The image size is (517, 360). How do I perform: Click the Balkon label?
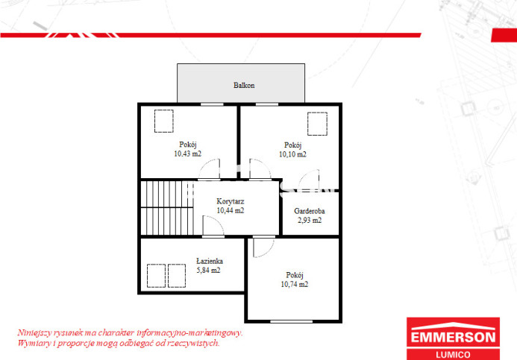click(244, 85)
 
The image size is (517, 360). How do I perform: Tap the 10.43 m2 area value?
click(187, 154)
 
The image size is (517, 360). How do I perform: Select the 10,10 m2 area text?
click(292, 154)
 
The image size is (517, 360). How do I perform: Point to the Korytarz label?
click(230, 201)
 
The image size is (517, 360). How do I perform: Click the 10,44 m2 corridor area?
click(230, 210)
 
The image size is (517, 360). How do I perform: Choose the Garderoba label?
click(310, 211)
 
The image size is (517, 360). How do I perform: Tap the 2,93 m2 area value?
click(310, 221)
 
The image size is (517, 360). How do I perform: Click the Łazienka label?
click(210, 261)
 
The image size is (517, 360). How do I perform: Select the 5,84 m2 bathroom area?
click(208, 271)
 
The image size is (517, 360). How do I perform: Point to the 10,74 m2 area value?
click(295, 284)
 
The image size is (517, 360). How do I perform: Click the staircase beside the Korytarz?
click(167, 207)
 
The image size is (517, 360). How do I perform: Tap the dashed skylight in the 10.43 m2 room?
click(164, 121)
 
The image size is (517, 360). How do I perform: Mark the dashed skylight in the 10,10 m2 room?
click(318, 124)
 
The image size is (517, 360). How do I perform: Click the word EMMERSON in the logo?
click(453, 338)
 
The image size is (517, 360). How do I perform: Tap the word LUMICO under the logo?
click(453, 355)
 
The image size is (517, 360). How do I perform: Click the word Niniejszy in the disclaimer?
click(34, 333)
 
